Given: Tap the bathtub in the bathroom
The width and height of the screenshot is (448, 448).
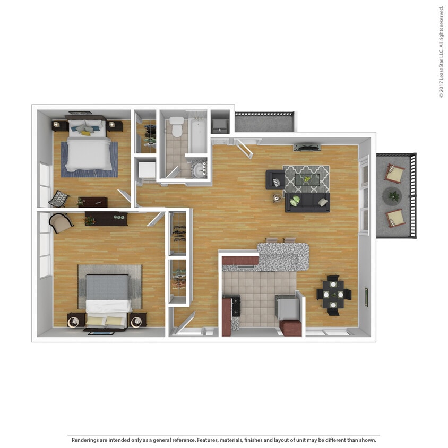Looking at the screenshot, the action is [198, 136].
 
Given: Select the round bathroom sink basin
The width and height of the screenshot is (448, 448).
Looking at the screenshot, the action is [199, 170].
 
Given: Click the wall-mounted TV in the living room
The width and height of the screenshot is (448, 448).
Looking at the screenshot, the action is [307, 148].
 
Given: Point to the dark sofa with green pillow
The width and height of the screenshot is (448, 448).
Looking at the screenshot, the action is [307, 202].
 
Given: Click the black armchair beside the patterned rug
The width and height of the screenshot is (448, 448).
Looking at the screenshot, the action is [275, 180].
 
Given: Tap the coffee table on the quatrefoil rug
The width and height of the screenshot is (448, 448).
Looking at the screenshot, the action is [307, 179].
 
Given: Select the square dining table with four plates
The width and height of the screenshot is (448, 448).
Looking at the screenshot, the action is [333, 295].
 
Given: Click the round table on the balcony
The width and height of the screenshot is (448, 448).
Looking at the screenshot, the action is [392, 196].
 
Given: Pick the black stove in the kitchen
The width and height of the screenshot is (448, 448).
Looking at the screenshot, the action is [236, 306].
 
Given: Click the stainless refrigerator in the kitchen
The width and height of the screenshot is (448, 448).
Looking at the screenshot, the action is [287, 307].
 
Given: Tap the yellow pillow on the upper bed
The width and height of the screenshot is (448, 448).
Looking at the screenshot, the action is [85, 133].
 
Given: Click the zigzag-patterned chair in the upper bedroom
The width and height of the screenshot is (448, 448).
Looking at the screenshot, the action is [59, 199].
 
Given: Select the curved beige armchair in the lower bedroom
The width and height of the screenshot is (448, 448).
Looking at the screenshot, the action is [61, 222].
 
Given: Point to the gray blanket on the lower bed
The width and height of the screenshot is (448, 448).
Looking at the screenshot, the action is [108, 287].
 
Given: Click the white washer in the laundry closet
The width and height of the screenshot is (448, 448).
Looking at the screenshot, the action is [147, 170].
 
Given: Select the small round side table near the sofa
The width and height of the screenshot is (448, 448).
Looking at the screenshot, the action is [277, 198].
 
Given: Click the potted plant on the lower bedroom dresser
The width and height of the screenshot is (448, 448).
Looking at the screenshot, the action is [89, 220].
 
